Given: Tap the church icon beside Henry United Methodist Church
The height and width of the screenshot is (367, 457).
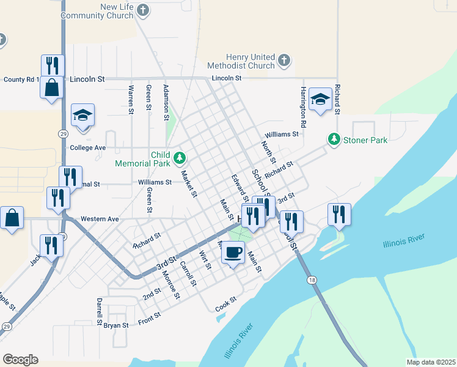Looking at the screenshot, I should (283, 60).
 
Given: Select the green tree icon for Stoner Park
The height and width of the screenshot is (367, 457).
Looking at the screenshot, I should (334, 139).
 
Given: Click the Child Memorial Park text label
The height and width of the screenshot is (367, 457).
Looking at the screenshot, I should (142, 159).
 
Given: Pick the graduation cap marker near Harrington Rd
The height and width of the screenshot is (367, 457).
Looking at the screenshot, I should (320, 100).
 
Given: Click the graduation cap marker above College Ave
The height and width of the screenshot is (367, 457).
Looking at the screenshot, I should (82, 116).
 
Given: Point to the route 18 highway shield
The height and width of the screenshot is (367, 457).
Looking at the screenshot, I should (313, 280).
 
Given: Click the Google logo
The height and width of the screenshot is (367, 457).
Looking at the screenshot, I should (20, 360).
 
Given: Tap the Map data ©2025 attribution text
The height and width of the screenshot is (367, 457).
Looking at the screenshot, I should (431, 362).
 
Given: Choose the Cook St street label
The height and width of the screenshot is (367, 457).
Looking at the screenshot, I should (225, 304).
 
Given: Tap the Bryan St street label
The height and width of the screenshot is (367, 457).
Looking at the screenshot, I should (116, 325).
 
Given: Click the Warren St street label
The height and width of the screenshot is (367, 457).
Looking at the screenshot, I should (131, 100).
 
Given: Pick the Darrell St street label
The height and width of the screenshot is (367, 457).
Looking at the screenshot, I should (99, 311).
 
